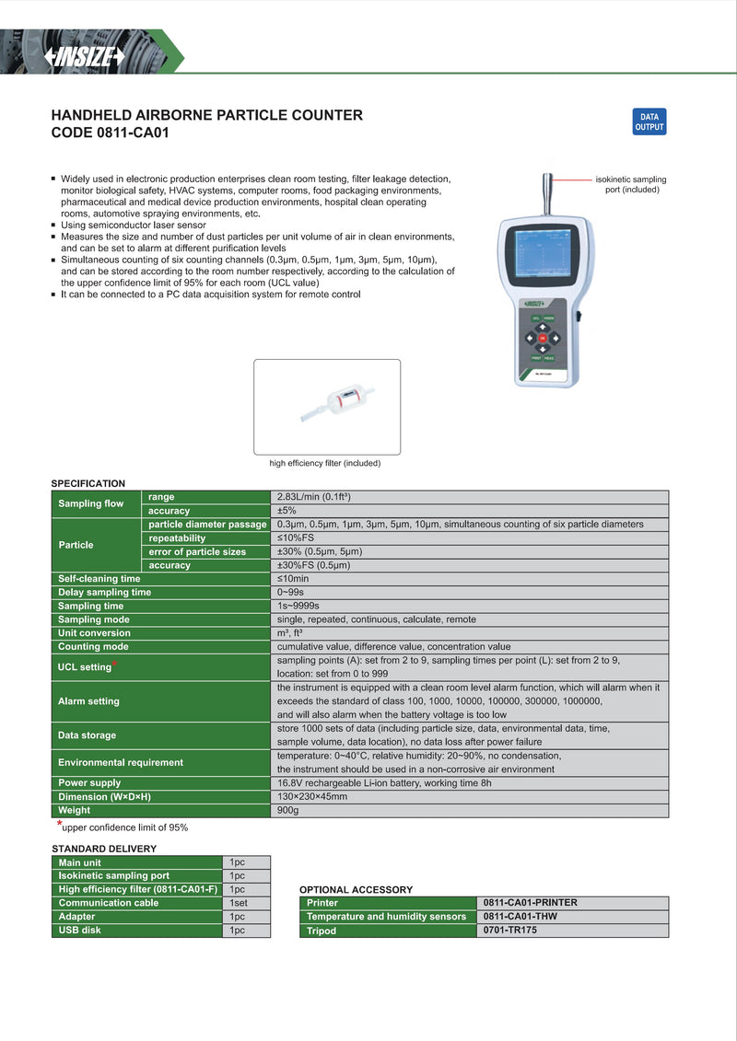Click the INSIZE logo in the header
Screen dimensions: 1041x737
pyautogui.click(x=85, y=57)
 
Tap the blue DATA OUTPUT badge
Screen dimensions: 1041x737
pyautogui.click(x=649, y=122)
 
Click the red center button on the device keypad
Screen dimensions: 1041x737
pyautogui.click(x=543, y=338)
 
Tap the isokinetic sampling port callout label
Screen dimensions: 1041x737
pyautogui.click(x=631, y=184)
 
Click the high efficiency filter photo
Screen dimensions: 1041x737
pyautogui.click(x=327, y=406)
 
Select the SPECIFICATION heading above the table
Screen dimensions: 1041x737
pyautogui.click(x=88, y=483)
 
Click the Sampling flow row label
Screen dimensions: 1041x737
pyautogui.click(x=90, y=503)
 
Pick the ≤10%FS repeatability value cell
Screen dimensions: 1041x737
pyautogui.click(x=296, y=538)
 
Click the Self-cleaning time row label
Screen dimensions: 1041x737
pyautogui.click(x=99, y=579)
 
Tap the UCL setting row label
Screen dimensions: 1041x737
pyautogui.click(x=85, y=667)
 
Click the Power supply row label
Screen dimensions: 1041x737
pyautogui.click(x=89, y=782)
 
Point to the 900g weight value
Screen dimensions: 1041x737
pyautogui.click(x=288, y=810)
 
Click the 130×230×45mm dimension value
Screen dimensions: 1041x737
pyautogui.click(x=312, y=796)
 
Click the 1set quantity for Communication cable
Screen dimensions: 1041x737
pyautogui.click(x=239, y=903)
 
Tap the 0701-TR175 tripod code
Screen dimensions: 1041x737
pyautogui.click(x=509, y=931)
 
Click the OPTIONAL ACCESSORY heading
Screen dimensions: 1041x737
pyautogui.click(x=356, y=890)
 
